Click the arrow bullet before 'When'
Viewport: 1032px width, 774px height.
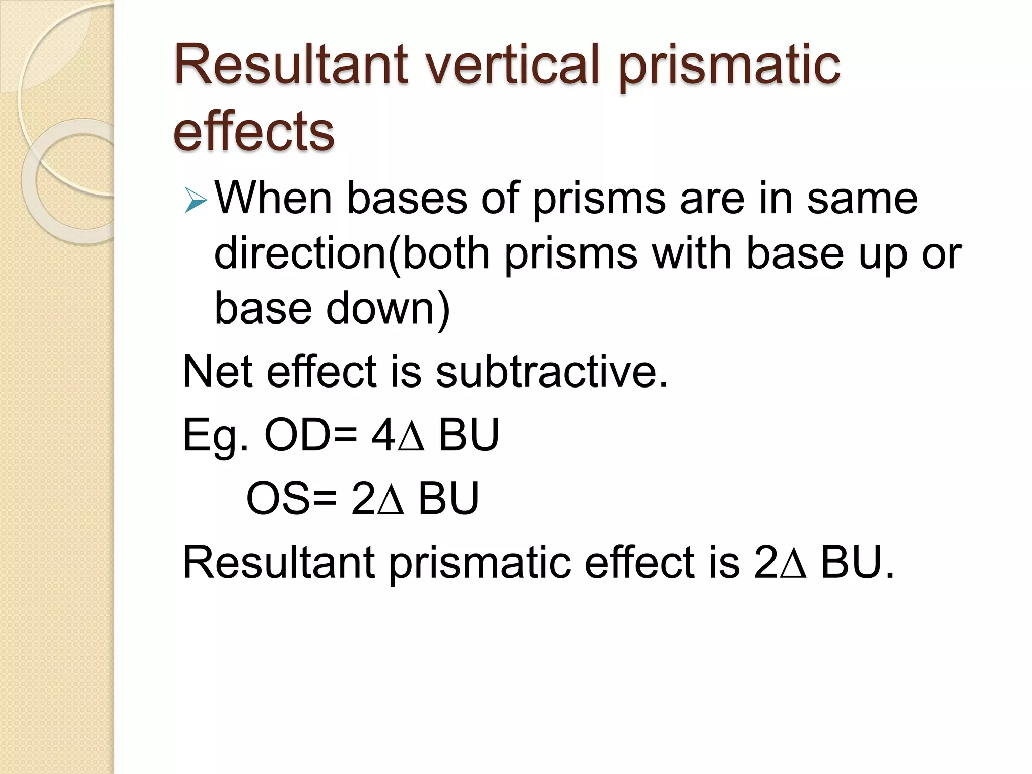click(196, 200)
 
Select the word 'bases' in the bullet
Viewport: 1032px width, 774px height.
click(407, 199)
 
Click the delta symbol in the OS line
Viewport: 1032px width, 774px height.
click(391, 500)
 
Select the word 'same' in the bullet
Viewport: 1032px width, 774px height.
click(862, 199)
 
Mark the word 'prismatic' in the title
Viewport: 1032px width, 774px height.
click(729, 64)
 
